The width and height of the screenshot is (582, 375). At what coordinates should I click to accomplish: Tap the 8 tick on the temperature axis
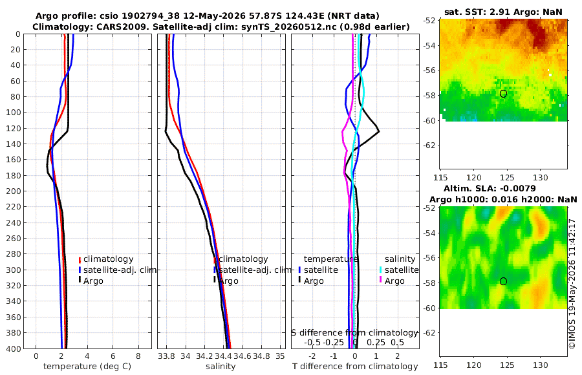pos(138,356)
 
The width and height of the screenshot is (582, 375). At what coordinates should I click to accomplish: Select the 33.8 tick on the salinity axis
pos(166,356)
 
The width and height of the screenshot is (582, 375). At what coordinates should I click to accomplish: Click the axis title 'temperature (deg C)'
pos(87,367)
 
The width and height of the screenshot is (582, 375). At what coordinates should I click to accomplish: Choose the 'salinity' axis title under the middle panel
pos(221,367)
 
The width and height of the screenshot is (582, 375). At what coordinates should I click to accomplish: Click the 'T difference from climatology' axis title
pos(355,367)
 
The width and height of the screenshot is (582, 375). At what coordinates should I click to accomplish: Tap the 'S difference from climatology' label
pos(354,332)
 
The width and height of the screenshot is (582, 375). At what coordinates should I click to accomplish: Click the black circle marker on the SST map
pos(503,94)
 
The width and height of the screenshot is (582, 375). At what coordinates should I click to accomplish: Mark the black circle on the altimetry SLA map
pos(503,281)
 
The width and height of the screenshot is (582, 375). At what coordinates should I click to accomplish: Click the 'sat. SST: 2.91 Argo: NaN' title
pos(503,12)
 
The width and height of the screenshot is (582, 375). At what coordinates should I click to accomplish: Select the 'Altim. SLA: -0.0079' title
pos(490,188)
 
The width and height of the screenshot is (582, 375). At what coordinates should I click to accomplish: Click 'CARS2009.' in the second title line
pos(130,27)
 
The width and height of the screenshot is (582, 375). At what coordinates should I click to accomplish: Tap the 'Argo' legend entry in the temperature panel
pos(92,281)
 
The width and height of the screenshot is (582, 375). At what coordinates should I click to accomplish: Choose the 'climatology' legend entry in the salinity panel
pos(243,259)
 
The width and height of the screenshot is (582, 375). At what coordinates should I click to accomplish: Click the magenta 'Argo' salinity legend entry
pos(394,281)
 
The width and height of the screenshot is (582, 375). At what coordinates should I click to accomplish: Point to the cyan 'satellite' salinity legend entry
pos(401,270)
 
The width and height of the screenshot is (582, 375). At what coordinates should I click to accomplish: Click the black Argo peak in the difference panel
pos(378,131)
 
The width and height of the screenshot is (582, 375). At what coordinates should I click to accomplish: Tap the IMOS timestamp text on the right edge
pos(572,284)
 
